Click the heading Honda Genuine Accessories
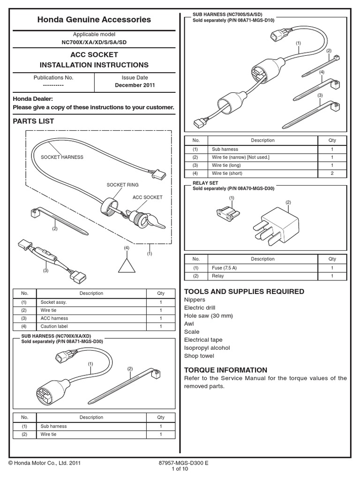[94, 20]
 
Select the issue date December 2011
[135, 85]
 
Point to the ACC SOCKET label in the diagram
[147, 197]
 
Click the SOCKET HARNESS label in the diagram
[62, 157]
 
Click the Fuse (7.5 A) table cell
[225, 268]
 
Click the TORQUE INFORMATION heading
[226, 370]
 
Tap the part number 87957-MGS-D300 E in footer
[183, 463]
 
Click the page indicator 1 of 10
[180, 468]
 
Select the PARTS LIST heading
[33, 121]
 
